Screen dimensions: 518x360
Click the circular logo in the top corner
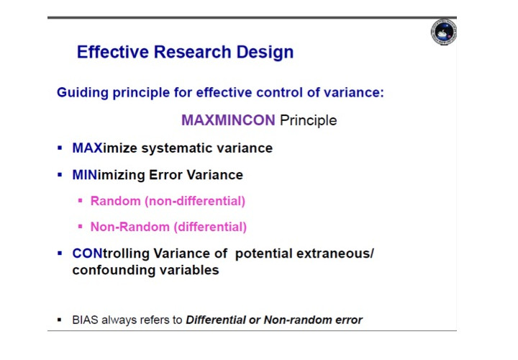[444, 32]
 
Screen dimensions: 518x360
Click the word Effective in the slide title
[113, 52]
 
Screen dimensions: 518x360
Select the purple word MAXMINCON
[228, 120]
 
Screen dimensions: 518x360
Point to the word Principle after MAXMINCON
[308, 120]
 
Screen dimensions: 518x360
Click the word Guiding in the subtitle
[83, 93]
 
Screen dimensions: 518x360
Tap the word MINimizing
[109, 175]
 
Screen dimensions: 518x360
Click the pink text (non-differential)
[195, 201]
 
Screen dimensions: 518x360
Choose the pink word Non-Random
[129, 227]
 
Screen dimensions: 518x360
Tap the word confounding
[114, 270]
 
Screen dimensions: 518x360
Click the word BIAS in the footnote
[85, 320]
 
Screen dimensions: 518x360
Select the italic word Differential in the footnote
[216, 320]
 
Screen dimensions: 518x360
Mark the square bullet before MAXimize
[60, 148]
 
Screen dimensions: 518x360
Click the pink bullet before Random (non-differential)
[81, 200]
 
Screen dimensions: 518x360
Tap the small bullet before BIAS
[60, 320]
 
